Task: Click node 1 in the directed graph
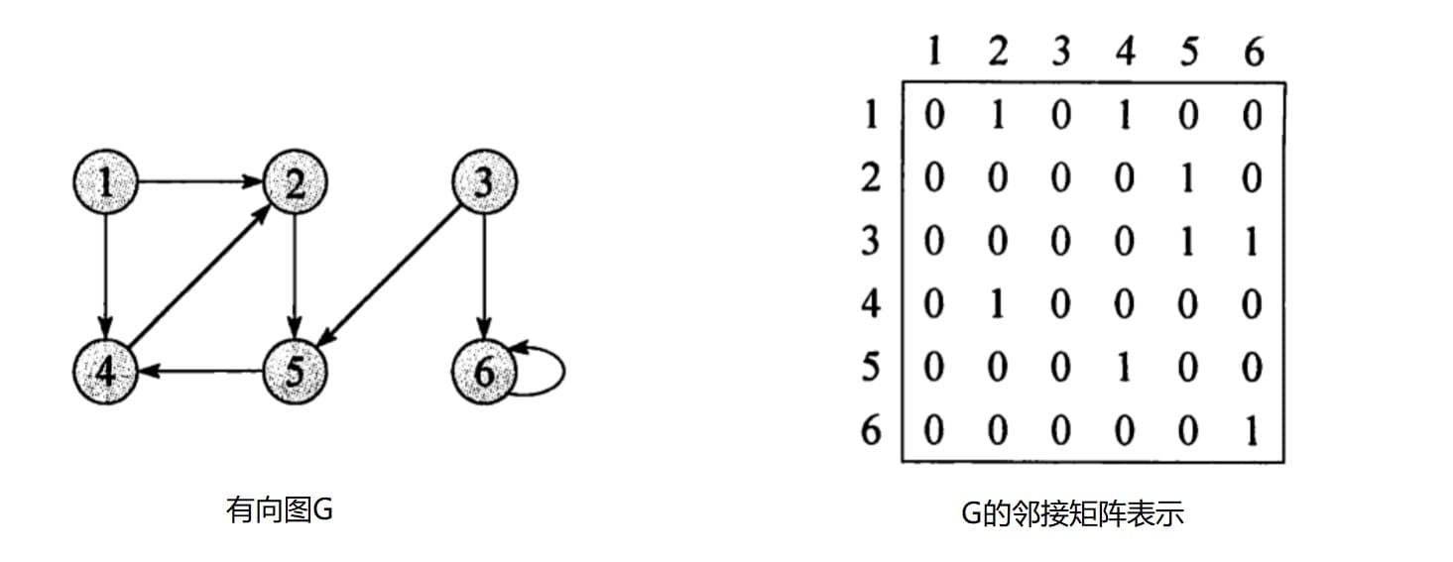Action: tap(106, 182)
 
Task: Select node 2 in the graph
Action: tap(295, 182)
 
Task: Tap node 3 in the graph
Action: tap(484, 182)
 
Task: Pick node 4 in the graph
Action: tap(106, 372)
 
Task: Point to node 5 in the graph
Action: tap(295, 372)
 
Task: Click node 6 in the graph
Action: tap(484, 372)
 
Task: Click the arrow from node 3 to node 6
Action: tap(484, 278)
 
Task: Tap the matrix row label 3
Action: tap(870, 242)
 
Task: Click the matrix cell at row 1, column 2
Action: tap(998, 116)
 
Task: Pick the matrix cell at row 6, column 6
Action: tap(1252, 431)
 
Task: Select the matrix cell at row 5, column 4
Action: tap(1124, 368)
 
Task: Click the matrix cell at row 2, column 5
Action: tap(1188, 178)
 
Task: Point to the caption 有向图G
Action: tap(280, 511)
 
